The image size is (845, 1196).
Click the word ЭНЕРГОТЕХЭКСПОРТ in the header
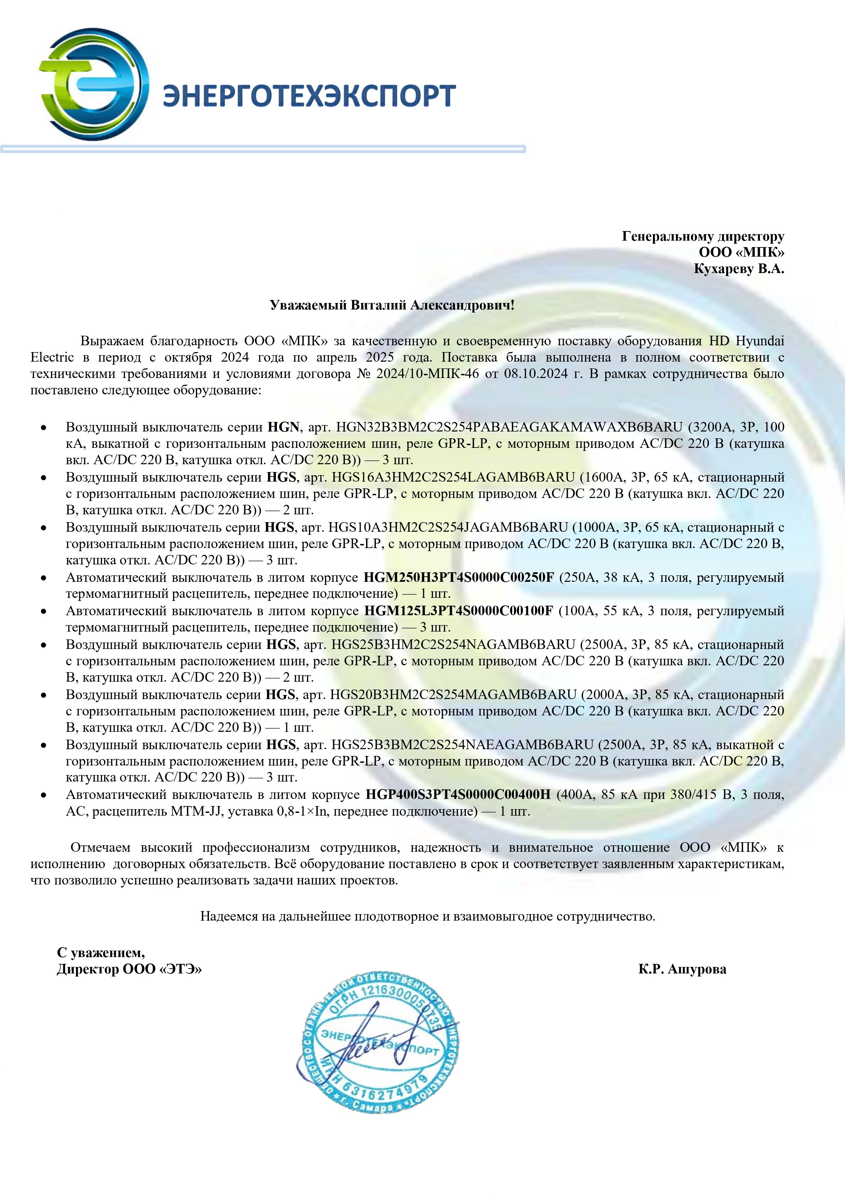click(309, 95)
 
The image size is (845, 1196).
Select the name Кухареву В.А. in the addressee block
click(738, 269)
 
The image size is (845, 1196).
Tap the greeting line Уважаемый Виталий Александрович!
click(392, 305)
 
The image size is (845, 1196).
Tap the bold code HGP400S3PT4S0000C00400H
click(458, 794)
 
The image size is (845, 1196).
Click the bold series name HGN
click(283, 427)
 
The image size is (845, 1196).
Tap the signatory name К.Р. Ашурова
click(682, 969)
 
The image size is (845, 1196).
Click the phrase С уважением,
click(100, 952)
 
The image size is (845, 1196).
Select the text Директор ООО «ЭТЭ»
click(129, 969)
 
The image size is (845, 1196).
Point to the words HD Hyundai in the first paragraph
click(746, 341)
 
